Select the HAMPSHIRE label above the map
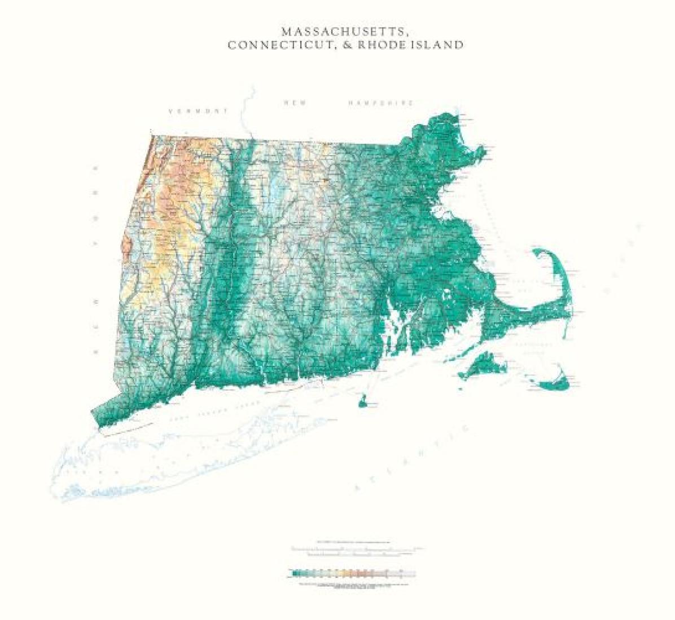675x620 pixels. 381,103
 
